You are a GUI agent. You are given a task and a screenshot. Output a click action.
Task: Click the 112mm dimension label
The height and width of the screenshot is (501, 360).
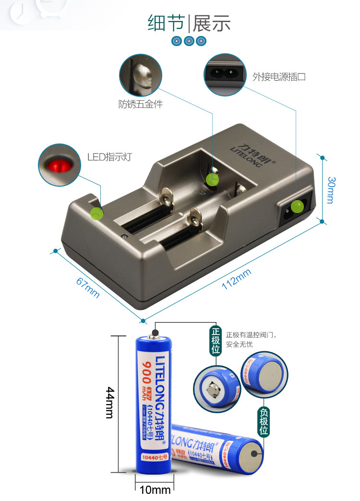(236, 279)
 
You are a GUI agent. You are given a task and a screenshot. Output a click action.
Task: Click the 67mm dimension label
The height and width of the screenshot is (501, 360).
(88, 287)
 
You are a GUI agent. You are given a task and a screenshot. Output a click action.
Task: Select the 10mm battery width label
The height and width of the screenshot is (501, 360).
(155, 490)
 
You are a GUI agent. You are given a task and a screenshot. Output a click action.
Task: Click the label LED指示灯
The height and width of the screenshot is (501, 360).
(109, 157)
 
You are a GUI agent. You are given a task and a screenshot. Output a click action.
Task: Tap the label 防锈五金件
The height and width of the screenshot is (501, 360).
(141, 104)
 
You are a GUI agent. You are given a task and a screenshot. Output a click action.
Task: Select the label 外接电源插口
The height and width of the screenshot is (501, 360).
(279, 76)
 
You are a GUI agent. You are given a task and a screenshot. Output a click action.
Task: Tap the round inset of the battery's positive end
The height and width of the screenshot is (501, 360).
(216, 389)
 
